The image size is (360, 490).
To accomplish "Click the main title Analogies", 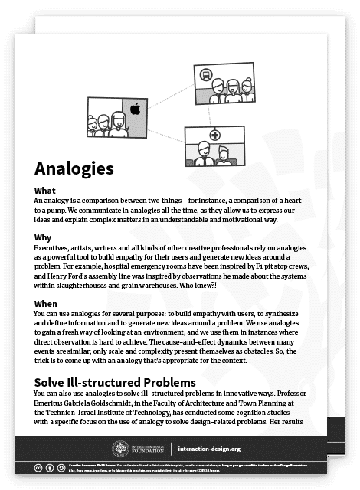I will pyautogui.click(x=74, y=167).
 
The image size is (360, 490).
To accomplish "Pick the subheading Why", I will pyautogui.click(x=44, y=238).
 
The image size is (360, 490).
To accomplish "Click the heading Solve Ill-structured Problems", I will pyautogui.click(x=115, y=381).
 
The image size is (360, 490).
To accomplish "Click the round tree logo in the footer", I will pyautogui.click(x=121, y=449).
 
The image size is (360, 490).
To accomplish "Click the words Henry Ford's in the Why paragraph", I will pyautogui.click(x=74, y=278).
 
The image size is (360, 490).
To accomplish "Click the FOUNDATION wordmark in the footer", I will pyautogui.click(x=150, y=452).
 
